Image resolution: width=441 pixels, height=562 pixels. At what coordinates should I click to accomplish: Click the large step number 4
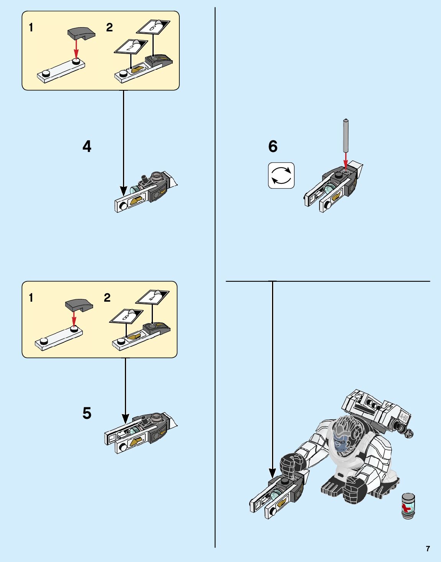click(x=87, y=147)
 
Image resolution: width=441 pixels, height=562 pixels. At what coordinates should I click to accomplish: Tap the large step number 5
click(x=87, y=413)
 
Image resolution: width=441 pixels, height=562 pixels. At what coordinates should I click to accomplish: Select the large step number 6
click(x=273, y=147)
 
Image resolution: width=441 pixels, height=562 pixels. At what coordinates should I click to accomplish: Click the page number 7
click(x=428, y=549)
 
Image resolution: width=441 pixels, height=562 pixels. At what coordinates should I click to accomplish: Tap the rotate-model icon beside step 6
click(x=281, y=176)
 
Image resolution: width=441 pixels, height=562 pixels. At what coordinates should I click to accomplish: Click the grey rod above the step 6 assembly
click(x=346, y=136)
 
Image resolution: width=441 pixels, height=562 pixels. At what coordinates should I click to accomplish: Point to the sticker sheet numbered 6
click(x=153, y=27)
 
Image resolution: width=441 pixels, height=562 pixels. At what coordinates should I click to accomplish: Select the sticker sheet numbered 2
click(x=131, y=47)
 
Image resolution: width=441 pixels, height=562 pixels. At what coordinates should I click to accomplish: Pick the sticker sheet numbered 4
click(x=152, y=297)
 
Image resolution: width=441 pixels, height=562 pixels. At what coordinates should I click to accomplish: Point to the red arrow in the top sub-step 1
click(x=77, y=49)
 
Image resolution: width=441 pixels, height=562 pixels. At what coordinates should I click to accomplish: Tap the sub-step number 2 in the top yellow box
click(x=110, y=28)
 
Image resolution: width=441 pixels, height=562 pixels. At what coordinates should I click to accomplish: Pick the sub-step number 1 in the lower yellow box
click(x=31, y=298)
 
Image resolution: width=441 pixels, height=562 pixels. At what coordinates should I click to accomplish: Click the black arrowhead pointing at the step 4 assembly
click(x=123, y=190)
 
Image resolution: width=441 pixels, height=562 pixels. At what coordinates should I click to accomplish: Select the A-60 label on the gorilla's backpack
click(x=404, y=416)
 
